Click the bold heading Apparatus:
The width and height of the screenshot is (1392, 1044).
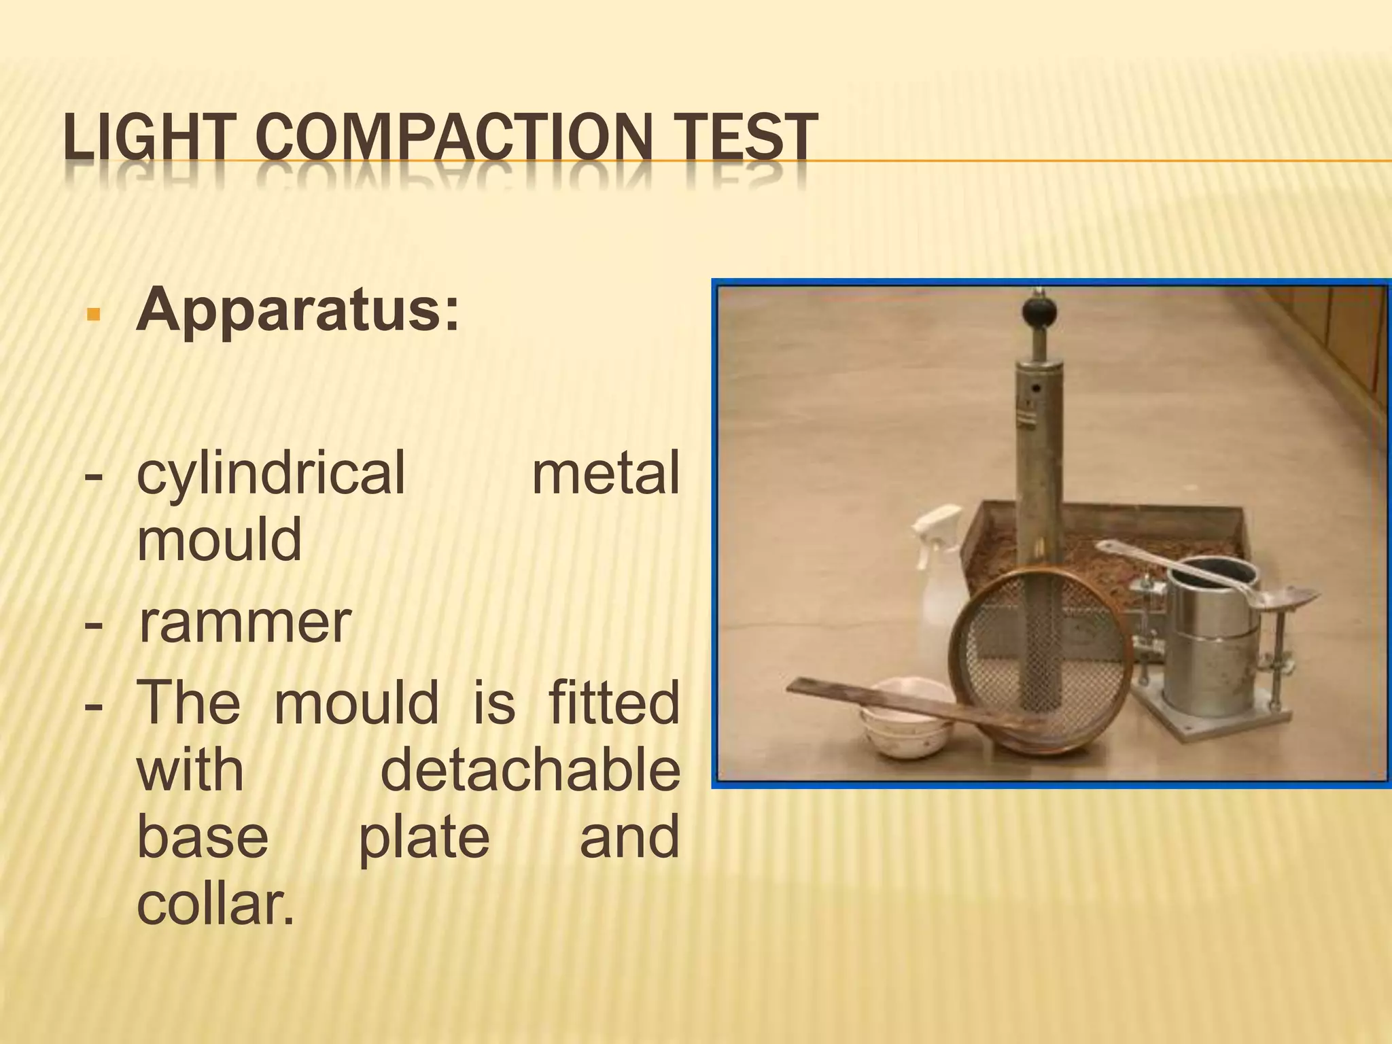(x=298, y=310)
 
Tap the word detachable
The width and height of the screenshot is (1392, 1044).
(x=530, y=771)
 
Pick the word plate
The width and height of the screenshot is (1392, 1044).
(x=423, y=838)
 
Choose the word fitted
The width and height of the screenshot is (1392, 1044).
(x=614, y=703)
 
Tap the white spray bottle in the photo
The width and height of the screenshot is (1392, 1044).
(x=940, y=578)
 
